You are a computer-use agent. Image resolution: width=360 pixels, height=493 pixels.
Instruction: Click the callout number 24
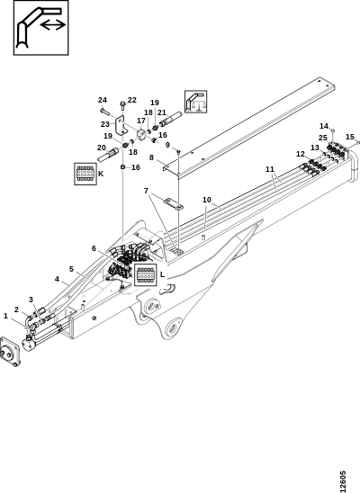pos(103,100)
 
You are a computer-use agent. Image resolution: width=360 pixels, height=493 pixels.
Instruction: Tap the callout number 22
pos(132,100)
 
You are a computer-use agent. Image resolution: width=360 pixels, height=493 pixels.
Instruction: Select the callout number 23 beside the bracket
pos(105,124)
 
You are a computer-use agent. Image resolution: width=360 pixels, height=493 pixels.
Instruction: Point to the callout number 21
pos(162,112)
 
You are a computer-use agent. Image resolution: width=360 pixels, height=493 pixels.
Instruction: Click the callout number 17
pos(141,121)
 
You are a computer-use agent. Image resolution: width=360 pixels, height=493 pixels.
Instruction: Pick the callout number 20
pos(101,148)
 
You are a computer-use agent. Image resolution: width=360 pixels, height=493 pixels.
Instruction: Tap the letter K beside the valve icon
pos(101,174)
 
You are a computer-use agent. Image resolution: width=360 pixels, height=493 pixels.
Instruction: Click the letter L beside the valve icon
pos(162,274)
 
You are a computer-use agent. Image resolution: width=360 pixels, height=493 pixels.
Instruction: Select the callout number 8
pos(151,157)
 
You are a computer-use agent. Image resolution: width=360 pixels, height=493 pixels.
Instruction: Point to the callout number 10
pos(207,200)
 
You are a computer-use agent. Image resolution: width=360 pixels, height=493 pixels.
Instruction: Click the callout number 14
pos(324,126)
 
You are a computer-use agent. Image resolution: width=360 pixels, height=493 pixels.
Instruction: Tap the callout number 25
pos(323,138)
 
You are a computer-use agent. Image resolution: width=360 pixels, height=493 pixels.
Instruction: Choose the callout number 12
pos(301,154)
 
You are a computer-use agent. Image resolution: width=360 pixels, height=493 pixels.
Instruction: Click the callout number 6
pos(94,248)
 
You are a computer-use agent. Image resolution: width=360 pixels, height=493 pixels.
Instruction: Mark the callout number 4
pos(57,279)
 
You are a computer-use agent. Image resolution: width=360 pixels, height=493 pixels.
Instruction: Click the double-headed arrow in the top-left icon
pos(53,25)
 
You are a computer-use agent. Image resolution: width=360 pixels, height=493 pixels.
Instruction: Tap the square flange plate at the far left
pos(10,352)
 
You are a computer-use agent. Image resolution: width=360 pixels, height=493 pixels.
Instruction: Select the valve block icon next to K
pos(85,174)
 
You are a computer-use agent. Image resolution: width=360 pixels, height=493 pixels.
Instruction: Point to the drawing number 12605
pos(343,481)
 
